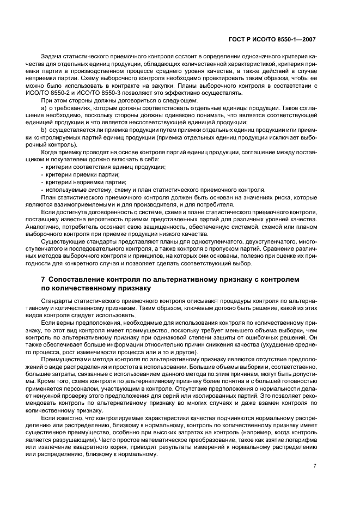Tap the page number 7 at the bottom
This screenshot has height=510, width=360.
click(315, 466)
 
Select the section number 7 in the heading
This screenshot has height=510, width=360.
click(43, 279)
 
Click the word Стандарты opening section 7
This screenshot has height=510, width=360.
click(56, 301)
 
